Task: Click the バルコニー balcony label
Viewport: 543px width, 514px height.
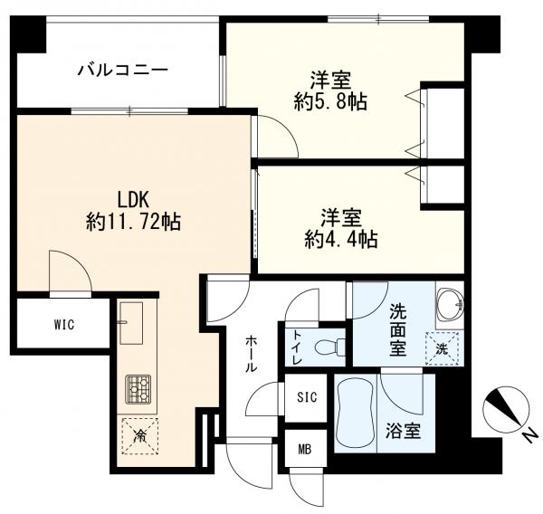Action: tap(122, 70)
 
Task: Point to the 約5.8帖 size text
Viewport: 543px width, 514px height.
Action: tap(331, 100)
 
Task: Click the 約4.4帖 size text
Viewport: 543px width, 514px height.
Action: tap(340, 240)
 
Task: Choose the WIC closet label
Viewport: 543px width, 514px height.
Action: tap(62, 324)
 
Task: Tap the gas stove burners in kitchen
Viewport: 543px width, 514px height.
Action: tap(139, 389)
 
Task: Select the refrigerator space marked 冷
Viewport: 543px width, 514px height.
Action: tap(139, 433)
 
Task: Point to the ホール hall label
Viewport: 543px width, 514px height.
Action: tap(251, 354)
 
